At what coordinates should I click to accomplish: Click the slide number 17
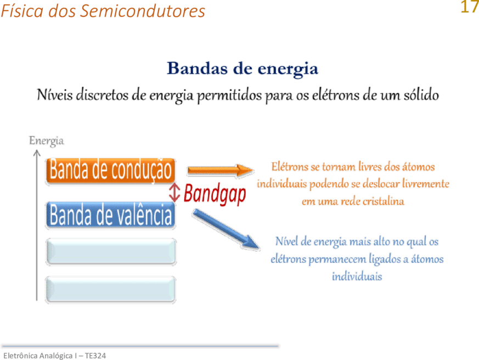coord(470,7)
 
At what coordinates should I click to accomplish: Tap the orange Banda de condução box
coord(110,171)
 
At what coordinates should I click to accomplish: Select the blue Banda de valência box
coord(111,215)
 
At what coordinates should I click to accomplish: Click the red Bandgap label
coord(215,194)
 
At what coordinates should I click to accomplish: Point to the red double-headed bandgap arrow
coord(174,193)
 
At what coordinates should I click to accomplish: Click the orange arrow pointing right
coord(220,171)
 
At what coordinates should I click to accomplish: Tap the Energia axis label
coord(47,141)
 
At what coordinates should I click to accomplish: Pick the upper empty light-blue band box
coord(111,251)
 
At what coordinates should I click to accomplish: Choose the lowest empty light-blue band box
coord(111,289)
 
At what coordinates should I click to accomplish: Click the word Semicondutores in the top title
coord(143,11)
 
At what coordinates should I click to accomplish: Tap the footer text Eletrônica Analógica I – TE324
coord(55,356)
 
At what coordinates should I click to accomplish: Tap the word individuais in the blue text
coord(357,276)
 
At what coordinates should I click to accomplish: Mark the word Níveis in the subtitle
coord(55,94)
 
